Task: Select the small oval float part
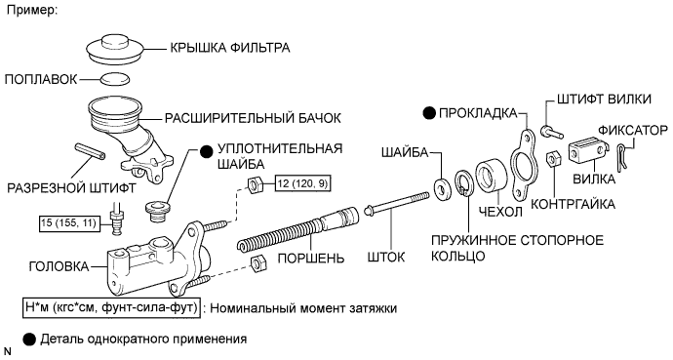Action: (115, 79)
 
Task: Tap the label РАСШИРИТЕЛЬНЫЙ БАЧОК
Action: (253, 118)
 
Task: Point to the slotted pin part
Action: (90, 151)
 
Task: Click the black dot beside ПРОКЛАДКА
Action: (429, 113)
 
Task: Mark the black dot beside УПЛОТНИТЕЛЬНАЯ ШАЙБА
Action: (207, 152)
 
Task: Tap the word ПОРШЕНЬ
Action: (311, 259)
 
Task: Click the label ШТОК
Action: (386, 257)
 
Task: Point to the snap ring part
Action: (464, 183)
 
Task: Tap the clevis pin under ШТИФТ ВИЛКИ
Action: (552, 131)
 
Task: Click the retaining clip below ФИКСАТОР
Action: (623, 154)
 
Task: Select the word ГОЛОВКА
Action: (59, 266)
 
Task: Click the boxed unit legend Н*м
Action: (111, 308)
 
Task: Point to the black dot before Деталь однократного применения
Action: (29, 340)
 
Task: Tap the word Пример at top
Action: (32, 11)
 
